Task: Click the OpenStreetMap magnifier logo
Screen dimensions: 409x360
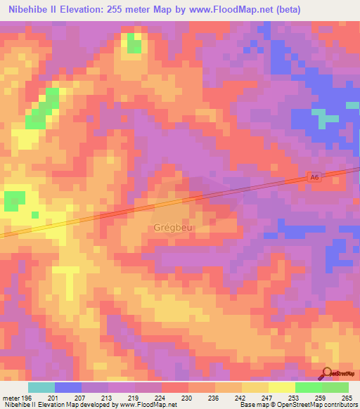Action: coord(327,374)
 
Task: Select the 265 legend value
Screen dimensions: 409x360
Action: coord(346,397)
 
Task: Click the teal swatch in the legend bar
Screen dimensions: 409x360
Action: coord(41,387)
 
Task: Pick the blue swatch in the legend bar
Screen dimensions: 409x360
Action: coord(68,387)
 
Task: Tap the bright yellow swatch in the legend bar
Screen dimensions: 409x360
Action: coord(282,387)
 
